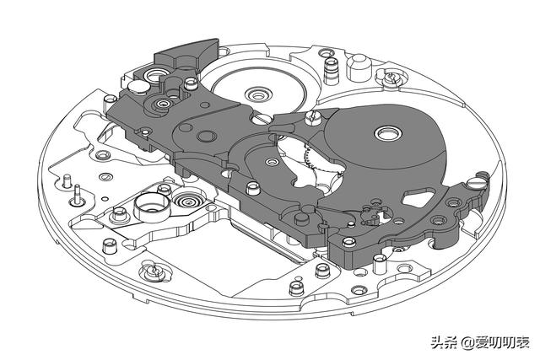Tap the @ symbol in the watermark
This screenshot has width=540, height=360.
[x=463, y=342]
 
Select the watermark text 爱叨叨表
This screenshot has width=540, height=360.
[x=499, y=342]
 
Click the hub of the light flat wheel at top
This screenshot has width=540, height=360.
[x=256, y=90]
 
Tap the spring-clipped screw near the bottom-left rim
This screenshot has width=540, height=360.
[x=151, y=271]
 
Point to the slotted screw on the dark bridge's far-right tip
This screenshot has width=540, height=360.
[x=478, y=180]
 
